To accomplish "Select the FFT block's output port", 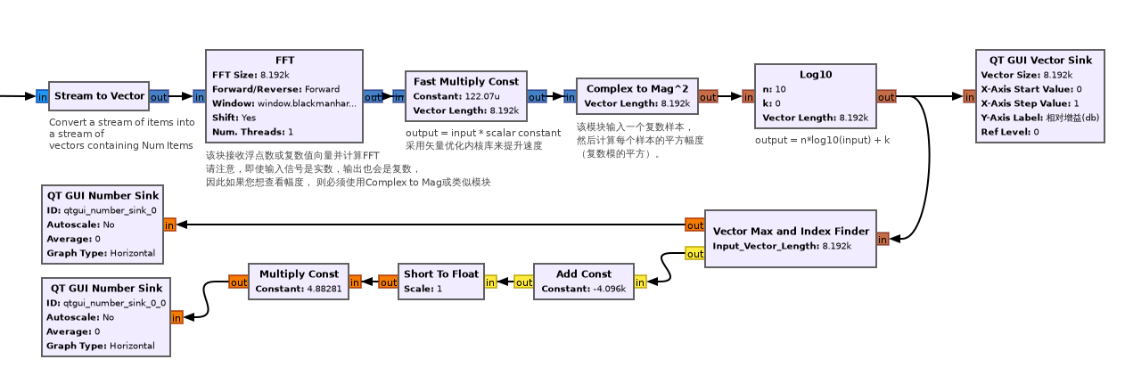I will pyautogui.click(x=373, y=96).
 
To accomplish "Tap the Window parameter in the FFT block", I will pyautogui.click(x=283, y=103).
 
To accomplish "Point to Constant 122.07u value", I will pyautogui.click(x=482, y=96).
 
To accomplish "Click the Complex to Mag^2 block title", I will pyautogui.click(x=636, y=89).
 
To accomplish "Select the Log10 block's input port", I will pyautogui.click(x=748, y=96).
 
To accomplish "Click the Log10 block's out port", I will pyautogui.click(x=886, y=96).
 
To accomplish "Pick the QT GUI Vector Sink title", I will pyautogui.click(x=1040, y=61).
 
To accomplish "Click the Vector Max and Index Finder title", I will pyautogui.click(x=791, y=232).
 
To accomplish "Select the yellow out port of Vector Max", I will pyautogui.click(x=694, y=253).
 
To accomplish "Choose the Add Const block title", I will pyautogui.click(x=584, y=274).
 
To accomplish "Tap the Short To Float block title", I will pyautogui.click(x=441, y=274).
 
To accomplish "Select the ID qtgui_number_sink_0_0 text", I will pyautogui.click(x=107, y=303).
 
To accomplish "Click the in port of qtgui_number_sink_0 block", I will pyautogui.click(x=169, y=225).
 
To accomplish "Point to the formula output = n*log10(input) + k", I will pyautogui.click(x=823, y=140).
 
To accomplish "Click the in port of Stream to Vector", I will pyautogui.click(x=42, y=96).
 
